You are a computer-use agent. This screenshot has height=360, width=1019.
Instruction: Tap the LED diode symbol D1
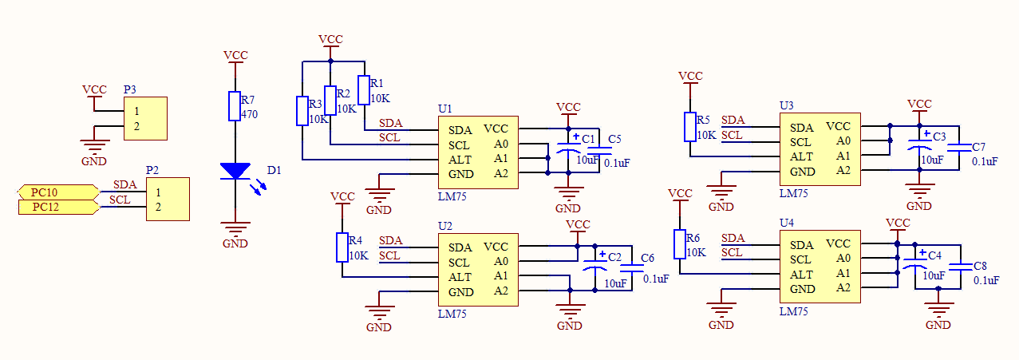click(235, 171)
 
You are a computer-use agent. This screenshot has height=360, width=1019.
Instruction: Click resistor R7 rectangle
click(235, 106)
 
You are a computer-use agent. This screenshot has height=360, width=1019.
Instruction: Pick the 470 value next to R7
click(249, 114)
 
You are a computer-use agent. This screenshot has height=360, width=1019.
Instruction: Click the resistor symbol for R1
click(364, 90)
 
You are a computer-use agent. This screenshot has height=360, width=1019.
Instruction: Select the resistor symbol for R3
click(302, 111)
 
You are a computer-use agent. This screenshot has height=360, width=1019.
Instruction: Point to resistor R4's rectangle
click(342, 247)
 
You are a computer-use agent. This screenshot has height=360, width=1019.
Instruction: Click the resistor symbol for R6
click(680, 244)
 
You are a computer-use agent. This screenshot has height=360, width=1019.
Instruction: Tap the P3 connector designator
click(129, 89)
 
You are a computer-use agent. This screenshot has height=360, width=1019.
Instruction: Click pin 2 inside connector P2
click(158, 207)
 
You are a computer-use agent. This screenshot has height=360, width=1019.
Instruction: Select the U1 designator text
click(445, 109)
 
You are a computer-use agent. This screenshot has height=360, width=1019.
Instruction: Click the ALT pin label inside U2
click(460, 277)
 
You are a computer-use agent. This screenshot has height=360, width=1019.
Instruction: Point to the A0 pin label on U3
click(843, 140)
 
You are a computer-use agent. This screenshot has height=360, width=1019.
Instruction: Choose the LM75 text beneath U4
click(794, 311)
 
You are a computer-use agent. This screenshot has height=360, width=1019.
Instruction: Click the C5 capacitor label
click(614, 139)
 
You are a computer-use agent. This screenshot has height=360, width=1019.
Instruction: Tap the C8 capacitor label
click(981, 266)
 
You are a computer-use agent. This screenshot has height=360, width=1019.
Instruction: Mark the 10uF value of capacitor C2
click(615, 283)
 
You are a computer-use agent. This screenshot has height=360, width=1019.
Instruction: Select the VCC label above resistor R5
click(690, 76)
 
